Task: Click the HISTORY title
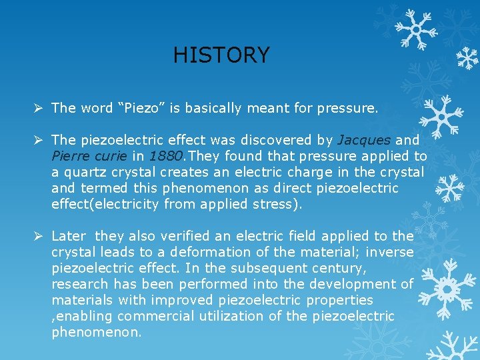[x=221, y=55]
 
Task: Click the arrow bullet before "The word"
[x=39, y=107]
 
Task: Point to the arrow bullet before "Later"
[x=39, y=236]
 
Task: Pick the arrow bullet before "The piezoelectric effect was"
[x=39, y=140]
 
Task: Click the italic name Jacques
[x=364, y=140]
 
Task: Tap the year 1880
[x=163, y=156]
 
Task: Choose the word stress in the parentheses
[x=273, y=204]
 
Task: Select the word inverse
[x=390, y=252]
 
